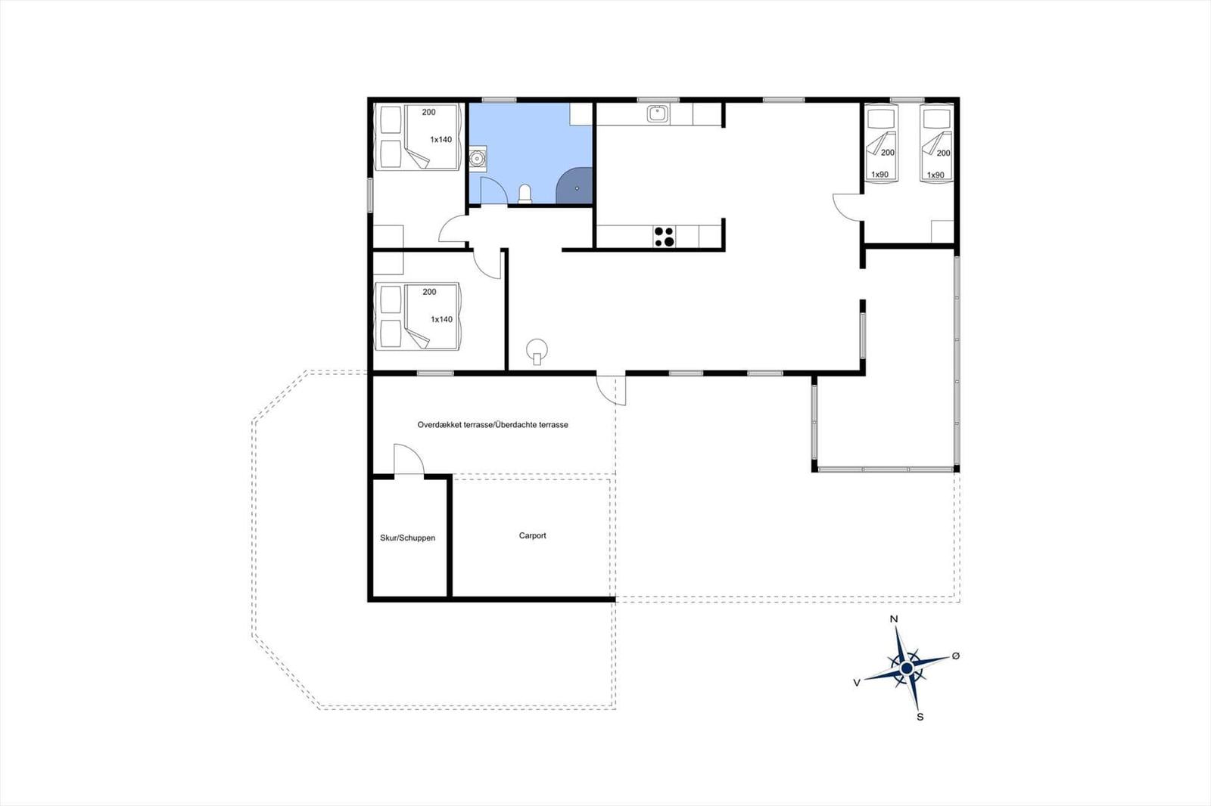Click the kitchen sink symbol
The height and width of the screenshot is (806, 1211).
tap(658, 114)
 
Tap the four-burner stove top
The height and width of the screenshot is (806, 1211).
tap(664, 237)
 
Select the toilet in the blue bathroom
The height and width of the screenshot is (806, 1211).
tap(525, 194)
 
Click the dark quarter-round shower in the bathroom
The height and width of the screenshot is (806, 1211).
tap(574, 186)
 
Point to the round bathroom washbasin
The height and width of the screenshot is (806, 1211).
tap(477, 159)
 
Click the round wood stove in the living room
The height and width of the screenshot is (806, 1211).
tap(537, 351)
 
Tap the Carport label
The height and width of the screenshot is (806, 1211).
tap(533, 535)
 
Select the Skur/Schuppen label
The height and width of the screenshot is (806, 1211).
tap(408, 538)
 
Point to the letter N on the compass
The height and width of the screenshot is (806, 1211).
tap(894, 619)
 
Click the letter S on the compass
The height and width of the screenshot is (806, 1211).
tap(920, 718)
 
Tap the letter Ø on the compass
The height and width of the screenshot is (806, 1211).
tap(956, 656)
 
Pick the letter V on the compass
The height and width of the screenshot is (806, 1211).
tap(857, 683)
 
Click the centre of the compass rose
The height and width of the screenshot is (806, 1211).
tap(907, 669)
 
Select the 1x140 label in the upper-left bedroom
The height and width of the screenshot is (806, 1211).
tap(441, 139)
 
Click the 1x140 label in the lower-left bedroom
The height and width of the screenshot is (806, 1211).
tap(441, 319)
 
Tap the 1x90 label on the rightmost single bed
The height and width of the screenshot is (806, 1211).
tap(935, 175)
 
